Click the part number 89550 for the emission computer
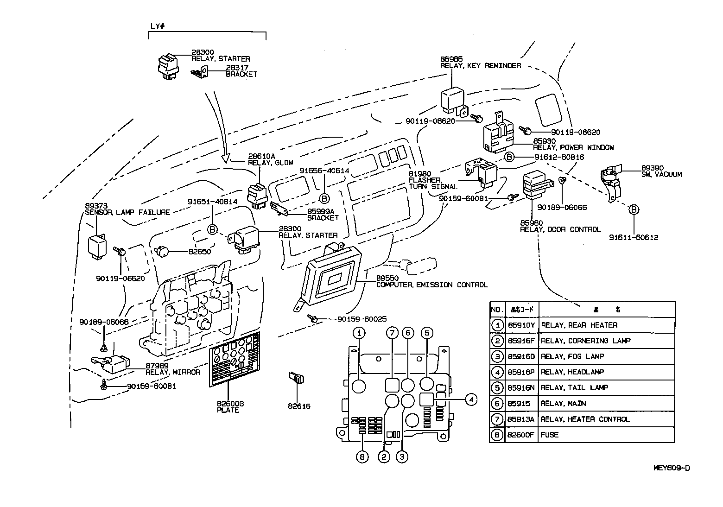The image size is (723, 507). point(386,279)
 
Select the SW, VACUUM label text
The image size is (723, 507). point(661,175)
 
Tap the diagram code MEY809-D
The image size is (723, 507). point(671,468)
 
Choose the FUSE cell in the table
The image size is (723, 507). point(550,435)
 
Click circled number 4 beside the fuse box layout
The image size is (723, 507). point(471,399)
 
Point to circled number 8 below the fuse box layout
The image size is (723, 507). point(362,456)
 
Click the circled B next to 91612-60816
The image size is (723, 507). point(508,157)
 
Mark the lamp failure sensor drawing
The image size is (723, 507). point(97,245)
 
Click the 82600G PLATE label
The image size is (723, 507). point(230,407)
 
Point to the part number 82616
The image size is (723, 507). point(299,406)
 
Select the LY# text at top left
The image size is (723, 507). point(158,26)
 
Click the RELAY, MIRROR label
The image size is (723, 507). point(173,372)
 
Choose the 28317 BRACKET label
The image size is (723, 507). point(241,71)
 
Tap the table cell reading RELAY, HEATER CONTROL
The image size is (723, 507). point(585,419)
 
